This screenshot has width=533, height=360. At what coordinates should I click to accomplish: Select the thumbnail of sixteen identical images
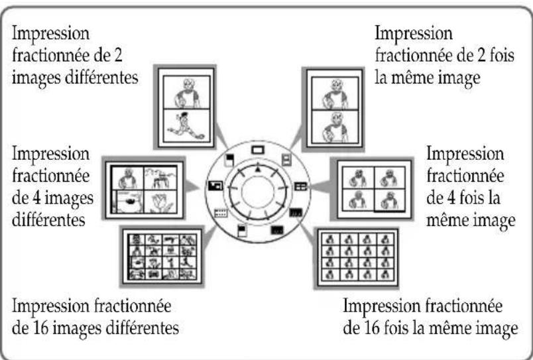pyautogui.click(x=357, y=257)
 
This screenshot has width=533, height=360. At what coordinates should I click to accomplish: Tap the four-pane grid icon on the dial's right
pyautogui.click(x=301, y=187)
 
